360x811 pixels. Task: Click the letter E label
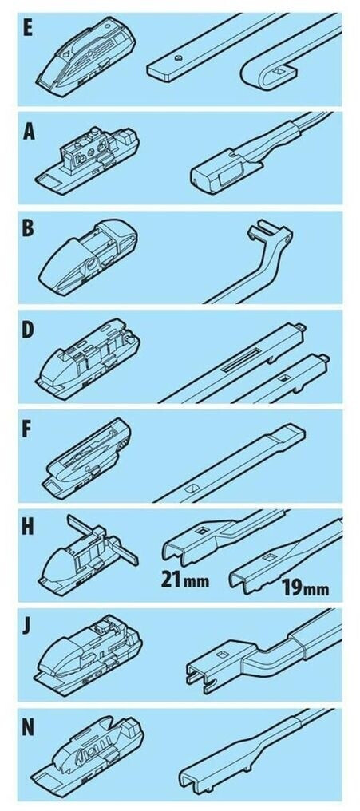click(27, 28)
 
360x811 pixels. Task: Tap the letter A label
click(29, 133)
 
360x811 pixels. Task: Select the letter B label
click(28, 229)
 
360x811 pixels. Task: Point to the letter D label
click(28, 330)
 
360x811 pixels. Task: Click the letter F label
click(27, 430)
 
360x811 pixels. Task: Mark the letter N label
click(29, 726)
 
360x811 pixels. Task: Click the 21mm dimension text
click(184, 580)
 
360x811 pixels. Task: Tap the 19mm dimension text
click(305, 587)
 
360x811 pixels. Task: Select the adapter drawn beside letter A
click(87, 161)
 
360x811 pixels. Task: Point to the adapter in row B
click(88, 257)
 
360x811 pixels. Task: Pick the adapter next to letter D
click(88, 358)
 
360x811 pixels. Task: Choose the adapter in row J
click(88, 655)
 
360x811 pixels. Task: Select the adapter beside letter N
click(88, 755)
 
